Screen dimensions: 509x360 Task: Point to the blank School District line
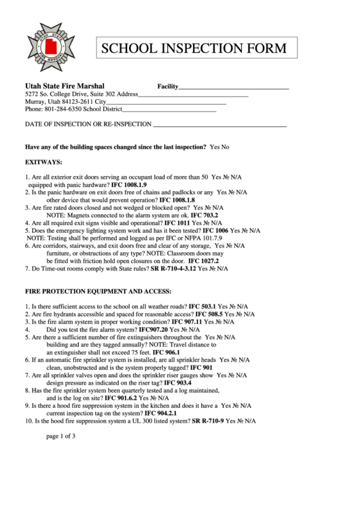pyautogui.click(x=169, y=110)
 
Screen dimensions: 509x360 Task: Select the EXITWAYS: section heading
pyautogui.click(x=43, y=163)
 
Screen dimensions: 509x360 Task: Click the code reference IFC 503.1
pyautogui.click(x=202, y=307)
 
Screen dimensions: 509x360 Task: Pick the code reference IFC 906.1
pyautogui.click(x=166, y=353)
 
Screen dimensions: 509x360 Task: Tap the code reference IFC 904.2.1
pyautogui.click(x=160, y=413)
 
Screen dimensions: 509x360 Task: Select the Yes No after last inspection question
pyautogui.click(x=219, y=147)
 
